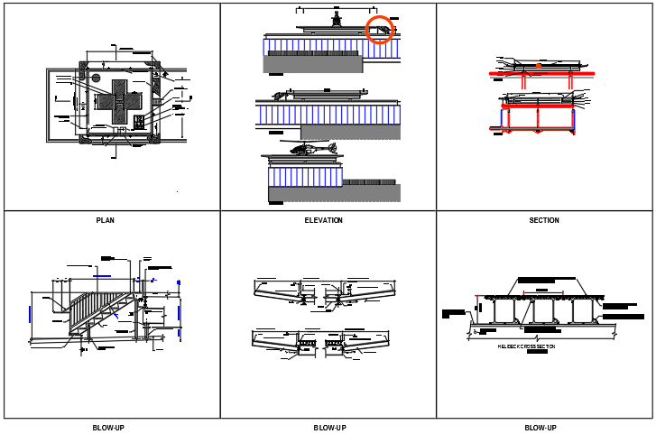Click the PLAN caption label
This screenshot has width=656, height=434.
click(105, 220)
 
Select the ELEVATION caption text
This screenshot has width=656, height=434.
click(323, 220)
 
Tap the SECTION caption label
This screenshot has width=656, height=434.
click(543, 220)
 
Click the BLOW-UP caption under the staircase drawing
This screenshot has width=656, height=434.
click(108, 428)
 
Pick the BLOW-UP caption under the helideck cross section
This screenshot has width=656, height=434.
click(541, 428)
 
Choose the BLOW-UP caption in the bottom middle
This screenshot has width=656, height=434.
click(329, 428)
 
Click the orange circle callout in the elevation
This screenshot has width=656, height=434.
click(381, 30)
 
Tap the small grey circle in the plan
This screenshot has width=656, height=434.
click(95, 78)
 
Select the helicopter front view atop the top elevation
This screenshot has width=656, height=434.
click(337, 19)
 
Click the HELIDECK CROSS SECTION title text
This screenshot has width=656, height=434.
click(527, 346)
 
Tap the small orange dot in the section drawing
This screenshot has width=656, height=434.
click(539, 66)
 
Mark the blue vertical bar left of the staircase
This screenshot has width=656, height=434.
click(30, 313)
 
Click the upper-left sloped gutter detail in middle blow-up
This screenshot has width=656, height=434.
click(278, 290)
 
